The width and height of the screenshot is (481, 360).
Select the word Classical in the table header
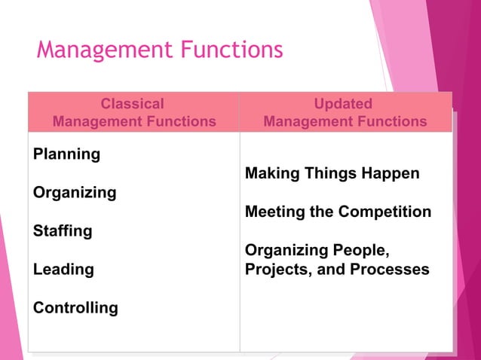(x=132, y=104)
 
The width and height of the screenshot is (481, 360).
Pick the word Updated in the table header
(x=344, y=104)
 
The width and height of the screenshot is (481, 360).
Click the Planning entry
(x=66, y=154)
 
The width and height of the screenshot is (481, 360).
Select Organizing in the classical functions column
(x=75, y=193)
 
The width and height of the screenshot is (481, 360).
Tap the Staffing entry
(x=62, y=231)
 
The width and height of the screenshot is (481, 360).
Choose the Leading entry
(x=63, y=269)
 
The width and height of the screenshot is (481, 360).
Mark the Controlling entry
(x=75, y=307)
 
